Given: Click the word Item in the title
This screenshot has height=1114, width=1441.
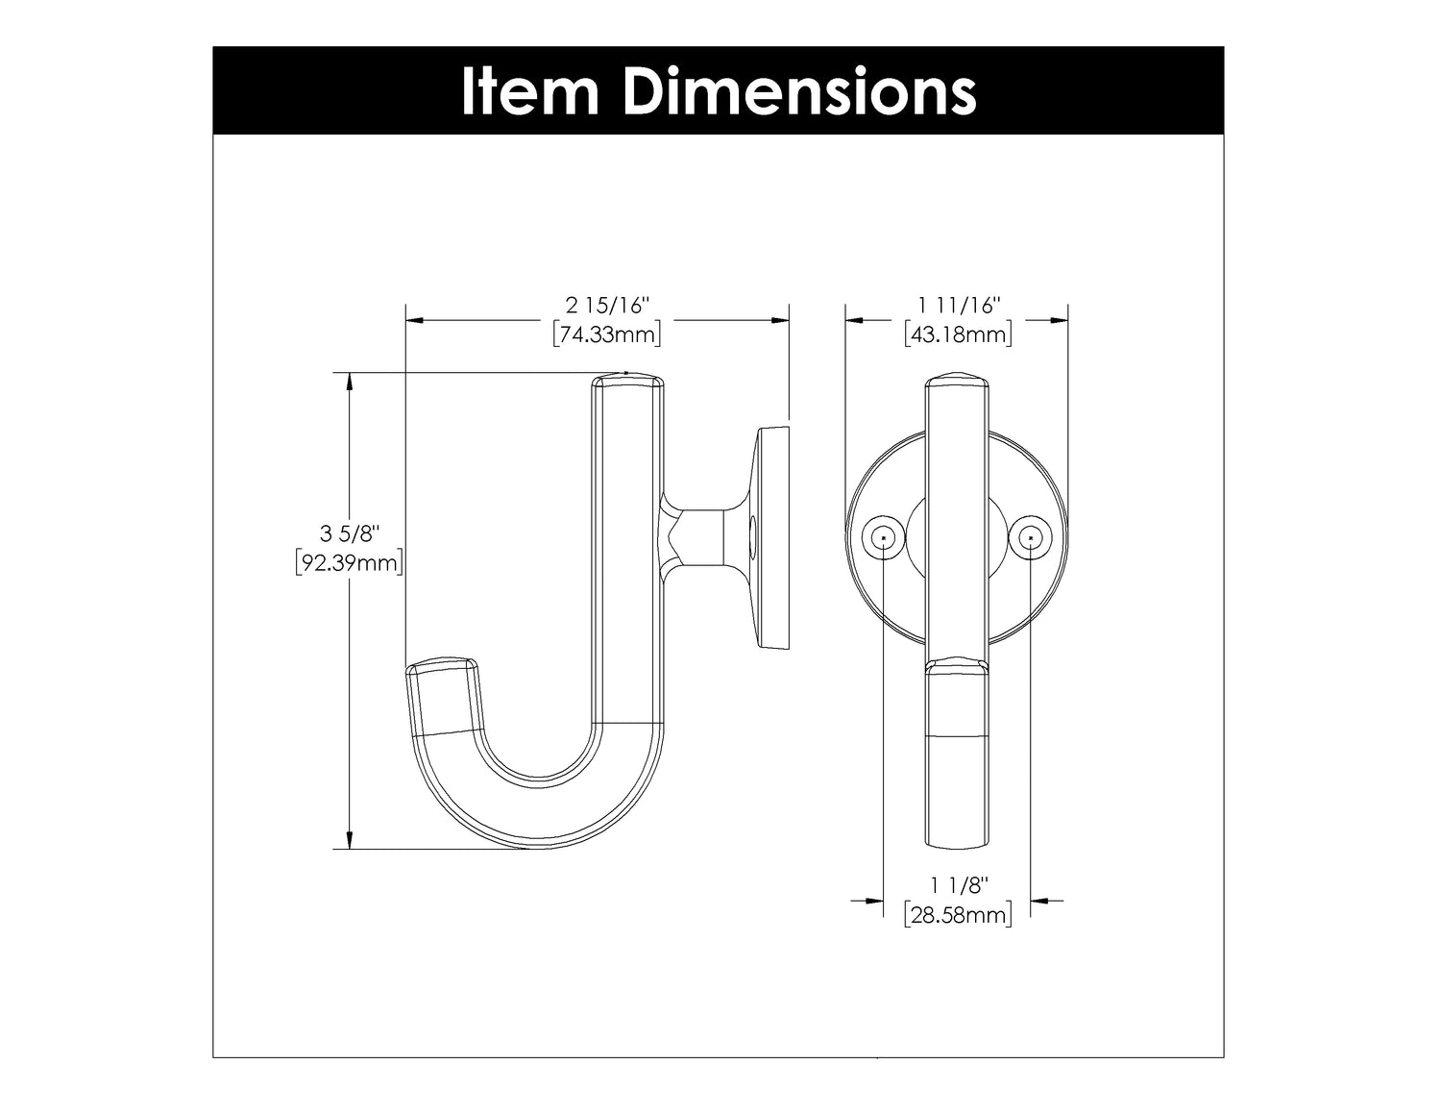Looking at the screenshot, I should [x=530, y=91].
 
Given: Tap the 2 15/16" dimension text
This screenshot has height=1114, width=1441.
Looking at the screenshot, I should [x=607, y=306].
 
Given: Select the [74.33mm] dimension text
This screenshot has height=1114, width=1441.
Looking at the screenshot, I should [x=607, y=334].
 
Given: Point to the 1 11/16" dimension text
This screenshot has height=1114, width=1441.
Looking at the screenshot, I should [x=958, y=306].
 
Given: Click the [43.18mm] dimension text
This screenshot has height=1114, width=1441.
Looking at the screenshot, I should [x=958, y=334].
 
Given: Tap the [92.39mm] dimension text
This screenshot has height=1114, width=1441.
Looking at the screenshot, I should [x=349, y=562].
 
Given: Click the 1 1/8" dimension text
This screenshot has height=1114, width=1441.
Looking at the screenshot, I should [x=958, y=884].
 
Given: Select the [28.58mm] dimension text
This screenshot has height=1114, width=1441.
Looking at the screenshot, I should [x=958, y=915].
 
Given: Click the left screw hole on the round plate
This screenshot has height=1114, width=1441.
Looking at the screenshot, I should [x=882, y=539].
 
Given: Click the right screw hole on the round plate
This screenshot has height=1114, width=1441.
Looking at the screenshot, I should [x=1031, y=539].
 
